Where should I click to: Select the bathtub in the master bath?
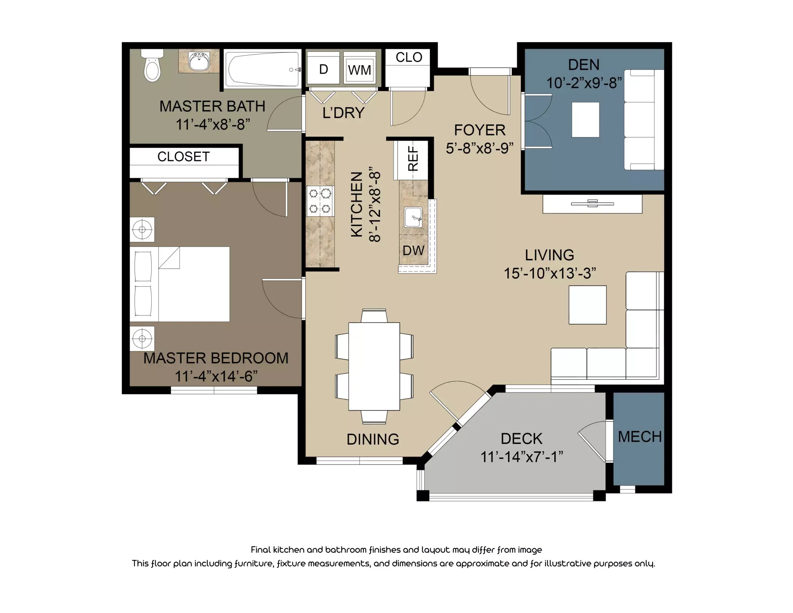click(x=262, y=69)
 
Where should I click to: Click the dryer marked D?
click(x=323, y=69)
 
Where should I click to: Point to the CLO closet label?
click(x=409, y=57)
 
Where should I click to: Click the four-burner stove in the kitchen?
click(x=320, y=201)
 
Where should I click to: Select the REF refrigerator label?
click(x=413, y=158)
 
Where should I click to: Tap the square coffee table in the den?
click(x=585, y=120)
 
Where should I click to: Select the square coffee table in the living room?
click(x=587, y=305)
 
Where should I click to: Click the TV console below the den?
click(x=592, y=204)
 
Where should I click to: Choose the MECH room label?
click(x=640, y=436)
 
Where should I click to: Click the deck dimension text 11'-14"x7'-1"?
click(x=522, y=456)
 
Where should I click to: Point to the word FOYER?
click(x=480, y=130)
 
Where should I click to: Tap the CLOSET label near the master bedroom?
click(x=183, y=157)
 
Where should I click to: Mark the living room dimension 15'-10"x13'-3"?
click(x=549, y=273)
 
